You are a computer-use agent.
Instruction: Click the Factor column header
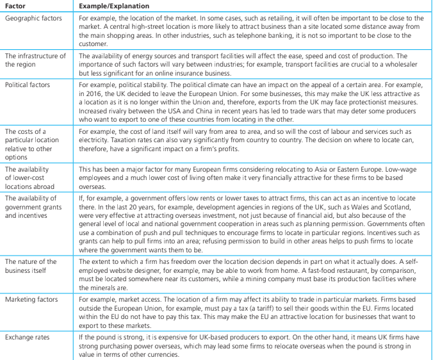pos(16,6)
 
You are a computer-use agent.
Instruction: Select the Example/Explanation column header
pos(114,6)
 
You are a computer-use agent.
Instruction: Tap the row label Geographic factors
pos(33,18)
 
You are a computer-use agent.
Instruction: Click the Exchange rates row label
pos(27,336)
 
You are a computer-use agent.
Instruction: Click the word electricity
pos(95,139)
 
